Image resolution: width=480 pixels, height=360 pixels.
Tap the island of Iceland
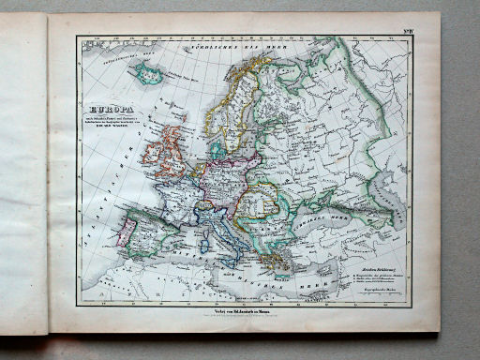tap(147, 71)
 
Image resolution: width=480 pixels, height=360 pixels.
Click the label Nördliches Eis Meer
tap(225, 46)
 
